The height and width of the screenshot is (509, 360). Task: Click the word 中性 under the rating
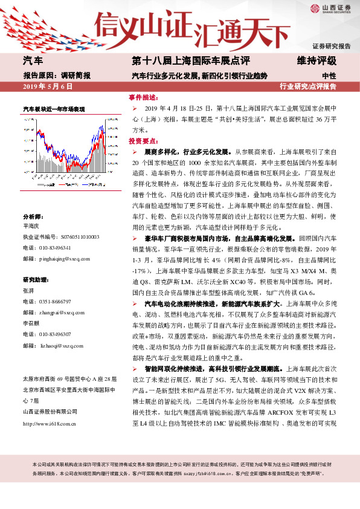pos(329,76)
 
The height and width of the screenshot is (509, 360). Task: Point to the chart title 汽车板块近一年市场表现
pos(54,109)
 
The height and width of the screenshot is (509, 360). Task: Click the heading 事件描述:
pos(143,97)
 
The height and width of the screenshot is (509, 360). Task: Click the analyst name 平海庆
pos(31,227)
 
